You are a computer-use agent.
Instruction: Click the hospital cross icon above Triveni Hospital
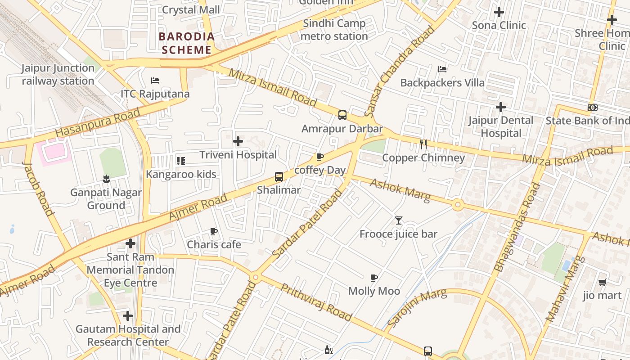click(238, 142)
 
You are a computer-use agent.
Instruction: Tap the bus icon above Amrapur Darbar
click(342, 115)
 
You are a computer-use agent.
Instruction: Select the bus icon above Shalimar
click(279, 176)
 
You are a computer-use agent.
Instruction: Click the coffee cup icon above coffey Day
click(320, 157)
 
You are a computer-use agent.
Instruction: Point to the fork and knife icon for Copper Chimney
click(423, 144)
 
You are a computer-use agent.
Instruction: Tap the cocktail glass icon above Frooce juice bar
click(398, 220)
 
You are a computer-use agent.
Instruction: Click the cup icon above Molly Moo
click(373, 278)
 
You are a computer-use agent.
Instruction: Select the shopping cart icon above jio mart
click(602, 282)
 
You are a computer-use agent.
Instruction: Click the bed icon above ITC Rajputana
click(155, 81)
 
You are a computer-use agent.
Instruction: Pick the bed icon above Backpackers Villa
click(442, 69)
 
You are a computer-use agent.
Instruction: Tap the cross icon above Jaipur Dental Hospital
click(500, 107)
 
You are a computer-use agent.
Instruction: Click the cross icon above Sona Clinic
click(499, 12)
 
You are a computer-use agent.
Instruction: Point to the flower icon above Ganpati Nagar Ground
click(106, 179)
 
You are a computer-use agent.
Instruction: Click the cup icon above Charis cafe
click(214, 232)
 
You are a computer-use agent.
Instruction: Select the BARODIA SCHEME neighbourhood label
click(186, 43)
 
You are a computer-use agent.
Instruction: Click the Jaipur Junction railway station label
click(58, 75)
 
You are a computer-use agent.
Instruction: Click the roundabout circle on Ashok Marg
click(458, 205)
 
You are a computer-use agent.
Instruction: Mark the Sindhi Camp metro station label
click(334, 30)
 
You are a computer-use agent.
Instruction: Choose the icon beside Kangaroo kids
click(180, 161)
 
